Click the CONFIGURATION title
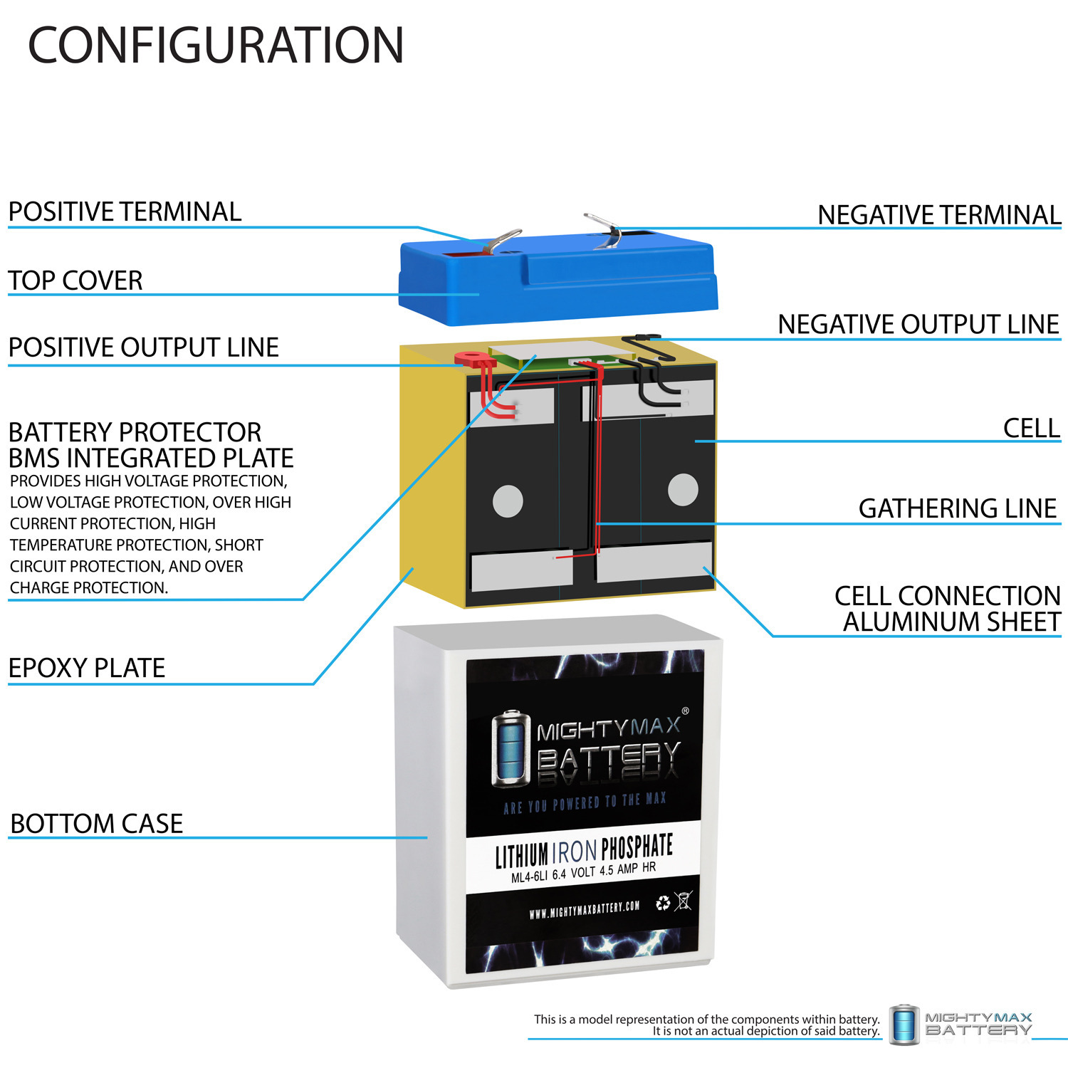216,46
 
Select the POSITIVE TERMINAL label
125,211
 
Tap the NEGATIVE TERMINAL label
938,214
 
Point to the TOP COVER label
75,280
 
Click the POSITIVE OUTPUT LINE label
143,347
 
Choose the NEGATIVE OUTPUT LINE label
918,324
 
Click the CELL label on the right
1031,428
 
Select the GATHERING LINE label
957,508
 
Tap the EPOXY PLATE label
87,668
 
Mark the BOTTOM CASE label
97,824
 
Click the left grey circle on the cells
508,500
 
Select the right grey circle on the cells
683,490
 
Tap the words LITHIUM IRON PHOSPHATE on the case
584,850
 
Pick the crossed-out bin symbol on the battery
683,901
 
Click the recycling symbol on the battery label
663,903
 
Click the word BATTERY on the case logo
609,757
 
